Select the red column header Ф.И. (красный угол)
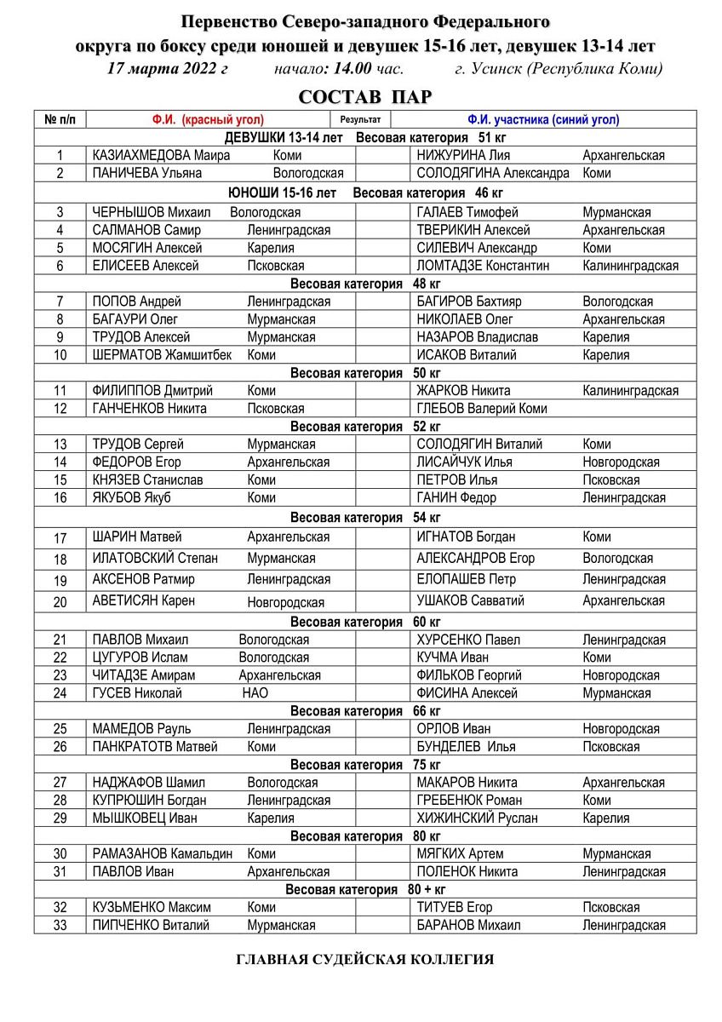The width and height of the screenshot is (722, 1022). [208, 120]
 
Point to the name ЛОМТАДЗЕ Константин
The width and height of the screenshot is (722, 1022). [483, 266]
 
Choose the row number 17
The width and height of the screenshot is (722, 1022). [60, 538]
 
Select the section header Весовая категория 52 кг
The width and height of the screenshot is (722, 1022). [365, 427]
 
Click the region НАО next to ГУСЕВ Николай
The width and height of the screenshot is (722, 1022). [255, 693]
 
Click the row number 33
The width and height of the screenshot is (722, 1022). [60, 925]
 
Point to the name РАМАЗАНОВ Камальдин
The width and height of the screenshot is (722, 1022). [162, 854]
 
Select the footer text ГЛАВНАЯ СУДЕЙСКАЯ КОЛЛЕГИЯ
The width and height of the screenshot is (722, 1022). [364, 960]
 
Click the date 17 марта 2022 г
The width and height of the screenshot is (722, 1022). [168, 69]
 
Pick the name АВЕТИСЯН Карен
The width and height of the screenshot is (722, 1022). [143, 601]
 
